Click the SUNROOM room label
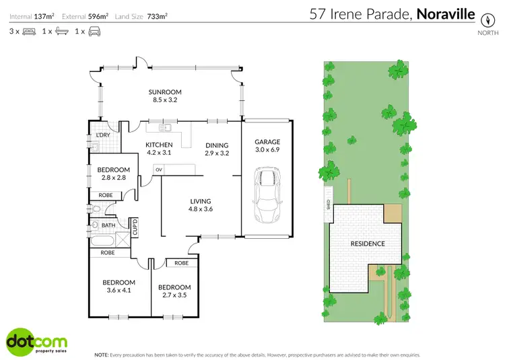[166, 92]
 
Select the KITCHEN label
[160, 145]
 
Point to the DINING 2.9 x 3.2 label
[217, 149]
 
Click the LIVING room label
[201, 201]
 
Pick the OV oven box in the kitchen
[159, 170]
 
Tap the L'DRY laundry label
[103, 135]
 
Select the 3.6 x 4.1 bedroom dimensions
[119, 290]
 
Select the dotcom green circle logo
[20, 341]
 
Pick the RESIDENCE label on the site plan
[367, 244]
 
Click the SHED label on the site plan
[328, 204]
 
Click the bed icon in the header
[28, 32]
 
